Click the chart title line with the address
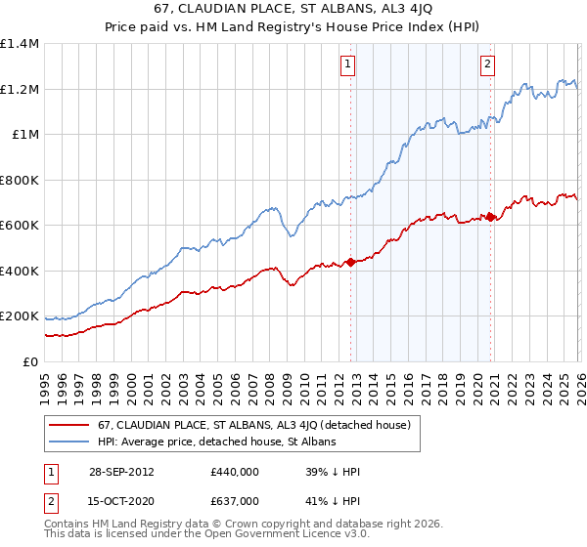pyautogui.click(x=293, y=9)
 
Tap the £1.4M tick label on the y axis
pyautogui.click(x=20, y=44)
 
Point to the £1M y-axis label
pyautogui.click(x=25, y=135)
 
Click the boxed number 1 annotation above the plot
pyautogui.click(x=348, y=65)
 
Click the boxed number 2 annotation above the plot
pyautogui.click(x=487, y=65)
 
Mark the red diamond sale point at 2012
pyautogui.click(x=350, y=262)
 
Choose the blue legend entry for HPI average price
pyautogui.click(x=216, y=442)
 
